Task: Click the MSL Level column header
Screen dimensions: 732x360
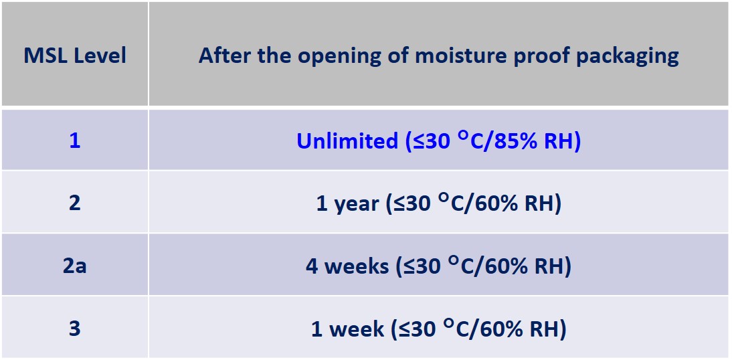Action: click(75, 56)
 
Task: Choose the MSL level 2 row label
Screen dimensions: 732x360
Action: click(75, 203)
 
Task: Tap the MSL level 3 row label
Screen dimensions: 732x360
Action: click(75, 329)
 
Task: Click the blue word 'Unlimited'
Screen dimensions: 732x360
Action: click(347, 141)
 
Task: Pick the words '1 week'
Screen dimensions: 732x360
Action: click(347, 329)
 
